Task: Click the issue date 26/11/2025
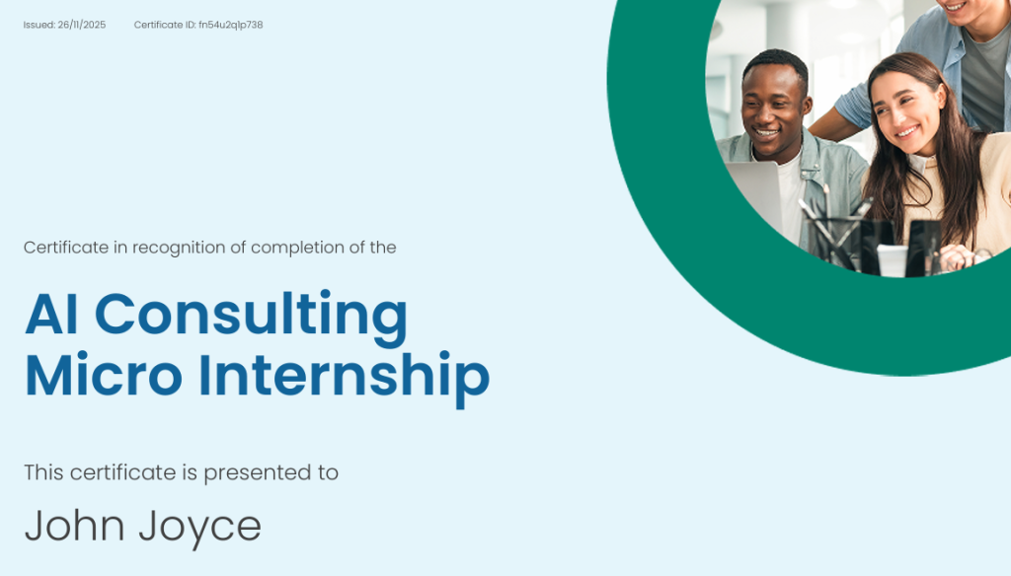82,25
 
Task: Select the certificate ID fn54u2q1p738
231,25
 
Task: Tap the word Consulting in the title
251,316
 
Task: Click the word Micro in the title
103,375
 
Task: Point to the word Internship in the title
344,379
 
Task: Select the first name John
75,525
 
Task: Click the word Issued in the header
39,25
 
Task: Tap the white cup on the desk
893,261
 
